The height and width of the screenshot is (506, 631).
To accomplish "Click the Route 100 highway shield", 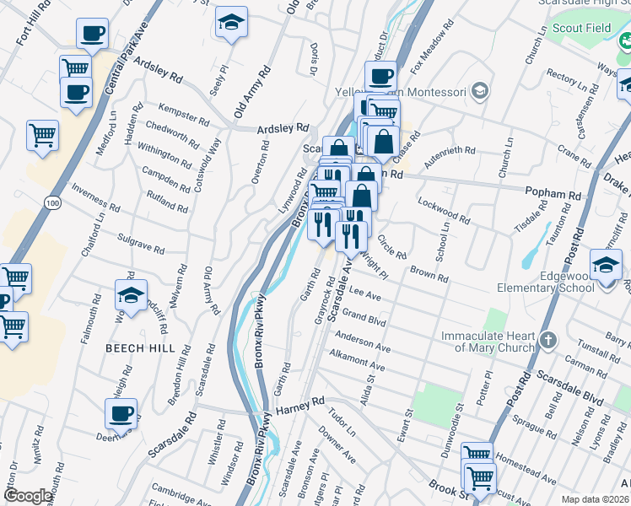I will [53, 203].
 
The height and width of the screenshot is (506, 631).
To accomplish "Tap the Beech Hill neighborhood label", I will [140, 347].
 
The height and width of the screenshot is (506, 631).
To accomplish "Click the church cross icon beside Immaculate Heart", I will [547, 340].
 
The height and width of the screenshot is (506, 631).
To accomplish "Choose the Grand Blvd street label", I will [364, 320].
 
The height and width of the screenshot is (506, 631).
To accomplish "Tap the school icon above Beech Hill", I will [131, 295].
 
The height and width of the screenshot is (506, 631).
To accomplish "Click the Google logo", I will [28, 496].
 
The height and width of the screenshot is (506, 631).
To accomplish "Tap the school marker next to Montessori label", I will [480, 90].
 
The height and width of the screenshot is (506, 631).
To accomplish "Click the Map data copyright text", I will [596, 498].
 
